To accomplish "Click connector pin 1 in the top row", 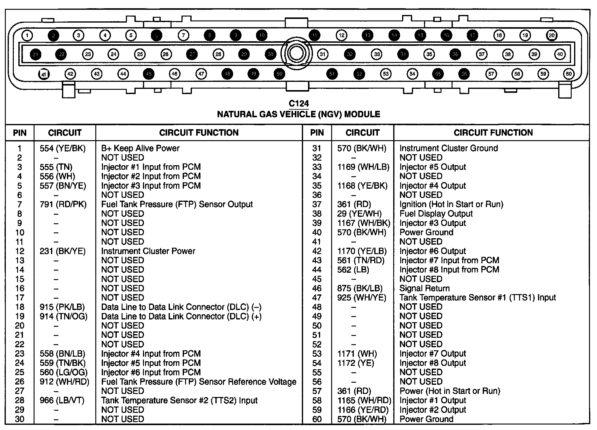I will point(27,35).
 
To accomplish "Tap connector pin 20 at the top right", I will point(551,35).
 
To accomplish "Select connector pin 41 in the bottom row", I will point(44,74).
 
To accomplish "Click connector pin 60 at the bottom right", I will point(569,74).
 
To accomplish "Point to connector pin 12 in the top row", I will point(342,35).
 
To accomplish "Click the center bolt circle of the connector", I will point(296,53).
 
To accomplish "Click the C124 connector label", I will point(298,104).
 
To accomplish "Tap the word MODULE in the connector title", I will point(362,114).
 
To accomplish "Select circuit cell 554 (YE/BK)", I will point(63,148).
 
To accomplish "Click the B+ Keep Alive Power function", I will point(140,148).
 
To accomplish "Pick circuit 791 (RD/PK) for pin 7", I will point(63,204).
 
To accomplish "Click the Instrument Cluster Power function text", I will point(148,251).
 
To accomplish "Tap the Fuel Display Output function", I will point(436,214).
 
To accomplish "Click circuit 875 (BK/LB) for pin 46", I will point(360,288).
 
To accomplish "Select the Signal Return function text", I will point(424,288).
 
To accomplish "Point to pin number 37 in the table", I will point(317,204).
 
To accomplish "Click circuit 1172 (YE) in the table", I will point(355,363).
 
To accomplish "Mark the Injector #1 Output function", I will point(433,400).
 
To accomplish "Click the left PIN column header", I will point(20,133).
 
